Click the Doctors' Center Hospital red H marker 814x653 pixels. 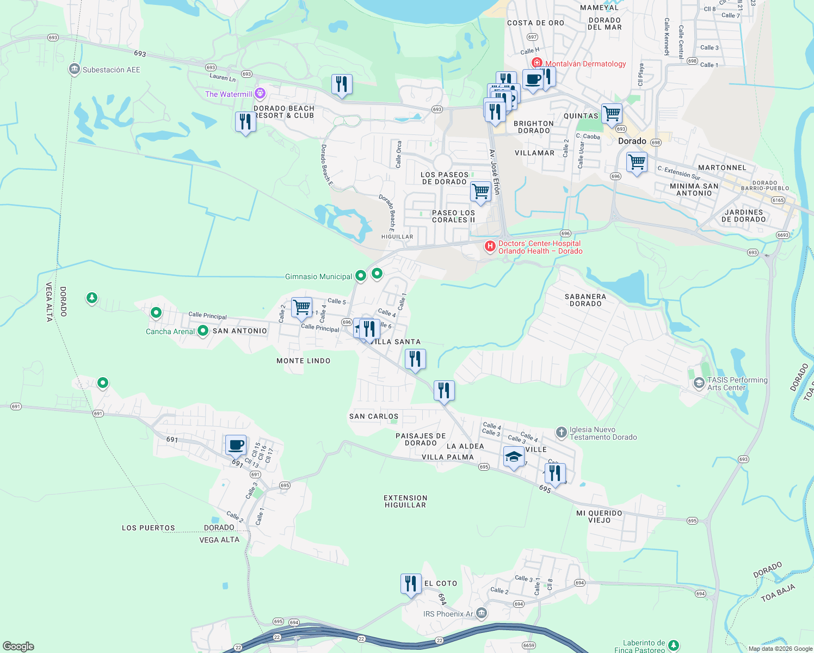(490, 247)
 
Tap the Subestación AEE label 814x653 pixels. (111, 70)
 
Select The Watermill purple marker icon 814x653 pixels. (260, 94)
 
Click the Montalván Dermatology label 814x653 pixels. (585, 64)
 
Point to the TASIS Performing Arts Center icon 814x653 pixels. (699, 384)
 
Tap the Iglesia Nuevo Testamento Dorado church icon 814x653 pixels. (561, 433)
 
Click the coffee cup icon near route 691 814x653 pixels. (236, 445)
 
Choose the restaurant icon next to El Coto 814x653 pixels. (411, 583)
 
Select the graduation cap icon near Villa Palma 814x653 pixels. (514, 457)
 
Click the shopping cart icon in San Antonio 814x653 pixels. (301, 307)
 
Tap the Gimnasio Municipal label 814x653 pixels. (318, 276)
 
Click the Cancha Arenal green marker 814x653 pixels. (202, 330)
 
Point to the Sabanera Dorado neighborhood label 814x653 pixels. (585, 300)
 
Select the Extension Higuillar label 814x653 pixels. (405, 501)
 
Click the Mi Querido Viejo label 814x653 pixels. (599, 516)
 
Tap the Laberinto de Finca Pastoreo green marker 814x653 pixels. (674, 645)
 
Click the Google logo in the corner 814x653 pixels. (18, 646)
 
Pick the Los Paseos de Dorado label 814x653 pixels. (445, 178)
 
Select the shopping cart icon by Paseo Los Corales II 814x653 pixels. (480, 191)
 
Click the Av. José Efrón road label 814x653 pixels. (495, 171)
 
